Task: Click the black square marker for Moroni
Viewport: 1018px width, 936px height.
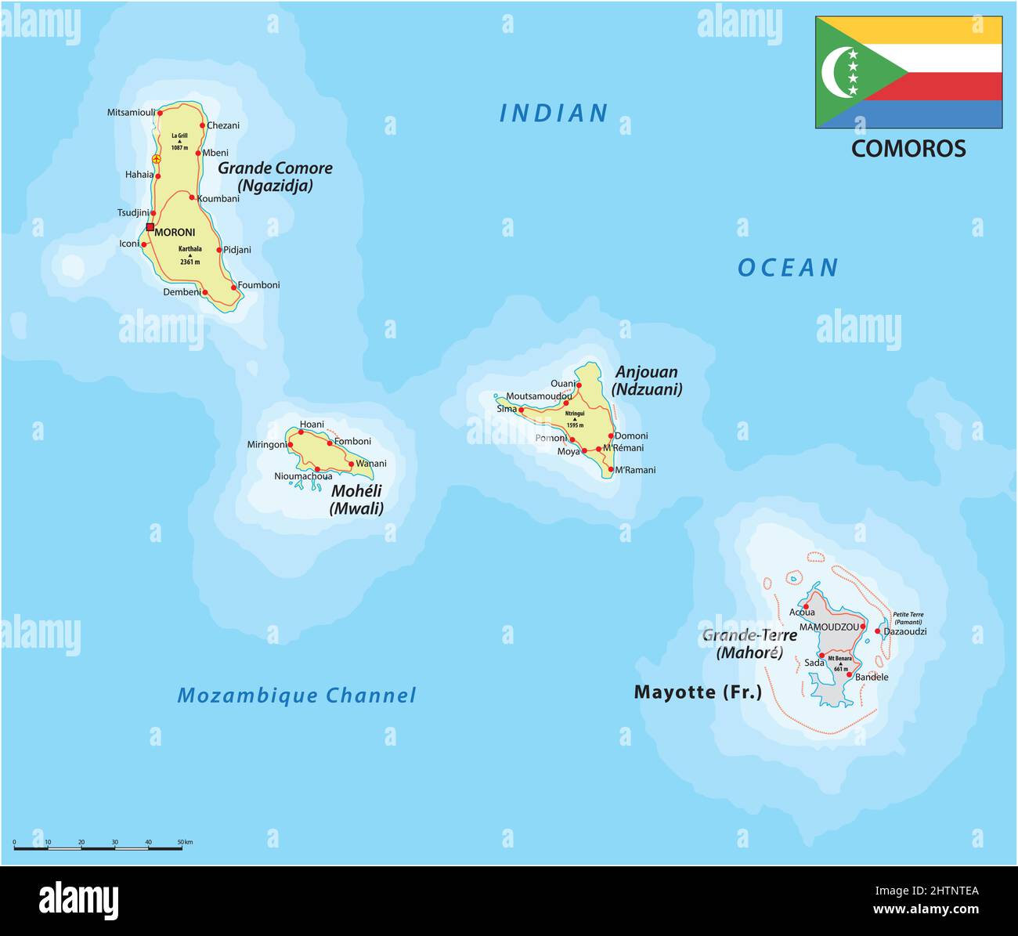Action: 150,227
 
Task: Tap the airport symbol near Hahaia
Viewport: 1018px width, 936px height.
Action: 156,159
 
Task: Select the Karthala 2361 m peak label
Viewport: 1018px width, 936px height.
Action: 190,255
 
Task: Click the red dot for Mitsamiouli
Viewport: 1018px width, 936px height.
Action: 160,112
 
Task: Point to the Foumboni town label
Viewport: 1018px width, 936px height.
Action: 258,285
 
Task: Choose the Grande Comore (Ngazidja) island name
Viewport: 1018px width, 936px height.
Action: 275,176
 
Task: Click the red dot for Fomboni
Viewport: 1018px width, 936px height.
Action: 330,443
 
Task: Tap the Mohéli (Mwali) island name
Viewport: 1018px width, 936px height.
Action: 356,500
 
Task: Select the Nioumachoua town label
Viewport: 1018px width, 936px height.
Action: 303,476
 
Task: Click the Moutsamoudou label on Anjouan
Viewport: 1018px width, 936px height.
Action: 538,396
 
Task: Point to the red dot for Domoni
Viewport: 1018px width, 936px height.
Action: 611,435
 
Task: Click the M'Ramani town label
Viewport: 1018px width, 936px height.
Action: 635,470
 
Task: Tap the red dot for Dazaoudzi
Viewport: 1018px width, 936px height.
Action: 878,631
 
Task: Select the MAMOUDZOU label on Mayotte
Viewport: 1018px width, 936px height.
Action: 828,627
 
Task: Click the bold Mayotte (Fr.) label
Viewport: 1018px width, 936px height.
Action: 697,692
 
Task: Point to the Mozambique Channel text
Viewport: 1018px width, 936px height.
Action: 296,696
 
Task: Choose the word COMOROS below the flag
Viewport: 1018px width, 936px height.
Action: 908,149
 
